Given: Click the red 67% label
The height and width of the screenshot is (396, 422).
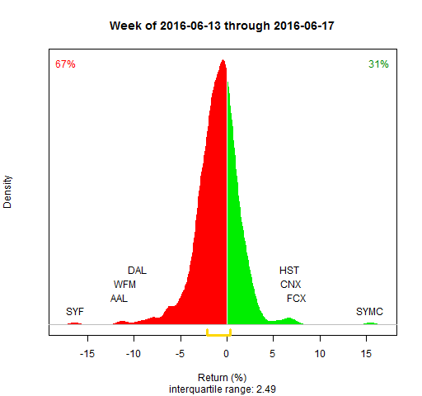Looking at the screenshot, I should [x=65, y=64].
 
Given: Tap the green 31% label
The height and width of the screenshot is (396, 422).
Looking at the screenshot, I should [x=378, y=64].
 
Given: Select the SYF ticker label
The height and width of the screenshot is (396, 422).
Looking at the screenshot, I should [x=75, y=311].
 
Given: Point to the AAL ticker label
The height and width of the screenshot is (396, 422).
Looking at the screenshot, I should [x=119, y=298].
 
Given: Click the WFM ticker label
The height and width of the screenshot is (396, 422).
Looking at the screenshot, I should [x=124, y=284].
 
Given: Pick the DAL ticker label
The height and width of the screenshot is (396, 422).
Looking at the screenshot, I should [x=137, y=270].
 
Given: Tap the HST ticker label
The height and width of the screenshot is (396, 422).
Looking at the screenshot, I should [x=289, y=270].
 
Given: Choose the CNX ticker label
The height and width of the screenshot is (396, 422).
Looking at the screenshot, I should [x=291, y=284].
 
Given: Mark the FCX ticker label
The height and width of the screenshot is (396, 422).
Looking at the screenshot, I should [x=296, y=298].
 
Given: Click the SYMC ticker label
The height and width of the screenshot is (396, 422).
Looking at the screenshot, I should [x=369, y=311].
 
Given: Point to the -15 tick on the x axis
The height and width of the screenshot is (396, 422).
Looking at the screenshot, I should [x=87, y=354].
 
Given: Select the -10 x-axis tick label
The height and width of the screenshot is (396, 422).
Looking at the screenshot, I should [x=134, y=354].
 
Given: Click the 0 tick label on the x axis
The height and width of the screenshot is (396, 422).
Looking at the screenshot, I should [x=227, y=354].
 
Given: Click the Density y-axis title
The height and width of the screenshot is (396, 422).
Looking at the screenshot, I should [x=8, y=191].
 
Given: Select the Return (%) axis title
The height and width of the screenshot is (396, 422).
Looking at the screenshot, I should [x=223, y=377].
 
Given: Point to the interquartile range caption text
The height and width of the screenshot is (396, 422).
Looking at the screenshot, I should [x=223, y=387].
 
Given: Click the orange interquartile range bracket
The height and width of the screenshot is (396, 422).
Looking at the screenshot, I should [x=218, y=334].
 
